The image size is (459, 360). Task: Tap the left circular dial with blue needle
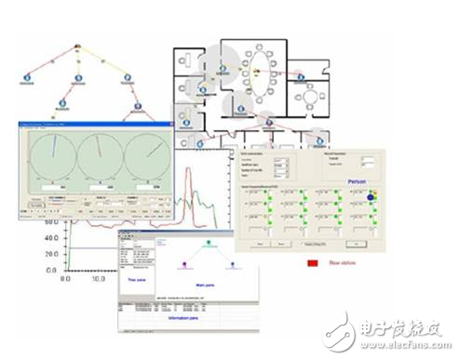tap(54, 152)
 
